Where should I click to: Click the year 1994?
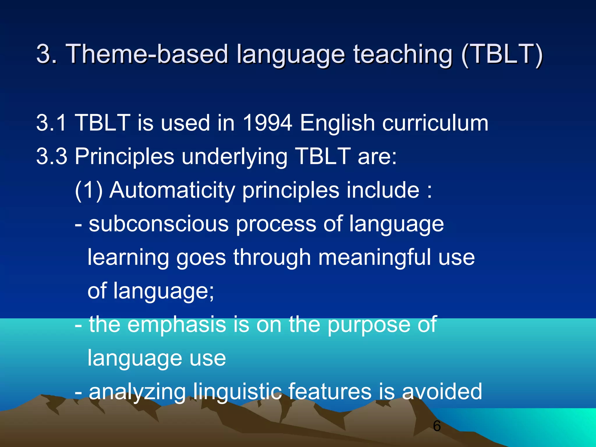pyautogui.click(x=267, y=123)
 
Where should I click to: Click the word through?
pyautogui.click(x=272, y=257)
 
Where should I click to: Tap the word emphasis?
pyautogui.click(x=177, y=324)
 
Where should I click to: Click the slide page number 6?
pyautogui.click(x=437, y=426)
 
